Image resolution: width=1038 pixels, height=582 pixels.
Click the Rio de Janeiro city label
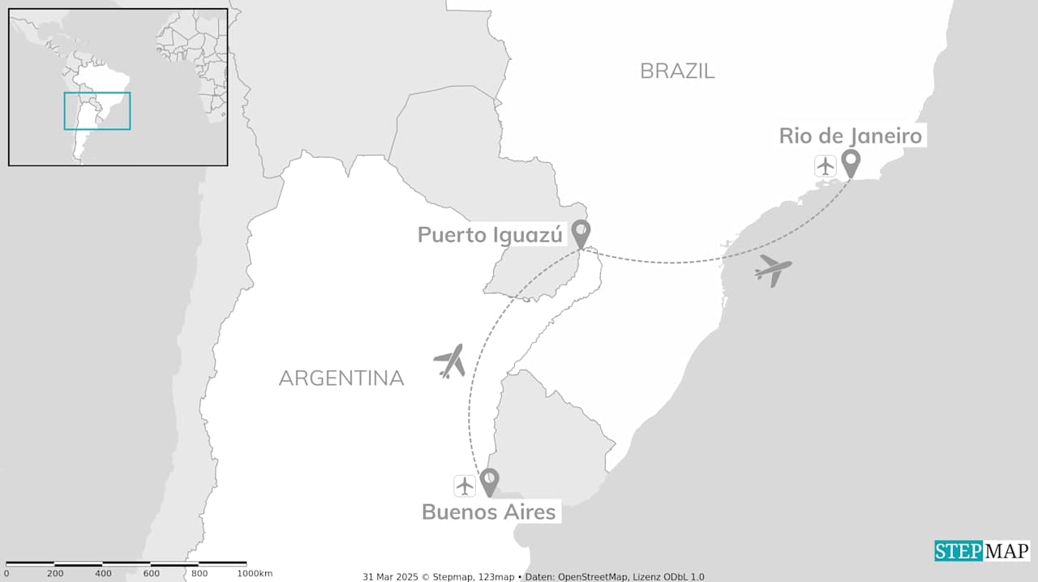point(851,135)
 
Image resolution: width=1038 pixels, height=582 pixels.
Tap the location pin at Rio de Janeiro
point(850,163)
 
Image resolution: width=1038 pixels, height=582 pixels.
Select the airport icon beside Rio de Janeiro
point(826,166)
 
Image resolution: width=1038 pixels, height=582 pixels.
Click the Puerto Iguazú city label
point(490,235)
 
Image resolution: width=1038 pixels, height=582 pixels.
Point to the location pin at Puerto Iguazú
point(581,233)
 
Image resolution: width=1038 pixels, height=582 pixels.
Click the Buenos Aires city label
point(489,512)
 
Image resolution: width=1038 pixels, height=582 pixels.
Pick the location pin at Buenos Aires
point(489,481)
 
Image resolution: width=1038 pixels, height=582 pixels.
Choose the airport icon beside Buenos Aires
point(465,486)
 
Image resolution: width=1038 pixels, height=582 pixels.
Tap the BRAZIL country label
point(677,71)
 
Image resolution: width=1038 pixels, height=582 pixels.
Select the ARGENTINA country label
point(341,378)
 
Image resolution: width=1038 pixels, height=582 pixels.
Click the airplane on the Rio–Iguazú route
point(773,270)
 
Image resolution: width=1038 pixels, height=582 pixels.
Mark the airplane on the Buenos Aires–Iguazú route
point(450,361)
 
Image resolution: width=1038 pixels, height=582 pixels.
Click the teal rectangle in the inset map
point(97,111)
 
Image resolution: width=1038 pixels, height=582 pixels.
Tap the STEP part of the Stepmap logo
point(959,551)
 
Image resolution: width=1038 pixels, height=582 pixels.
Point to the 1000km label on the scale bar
point(255,574)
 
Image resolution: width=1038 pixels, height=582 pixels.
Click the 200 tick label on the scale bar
point(55,574)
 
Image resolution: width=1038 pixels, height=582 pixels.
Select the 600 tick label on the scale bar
point(152,574)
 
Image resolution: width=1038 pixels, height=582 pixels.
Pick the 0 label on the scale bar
point(6,574)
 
